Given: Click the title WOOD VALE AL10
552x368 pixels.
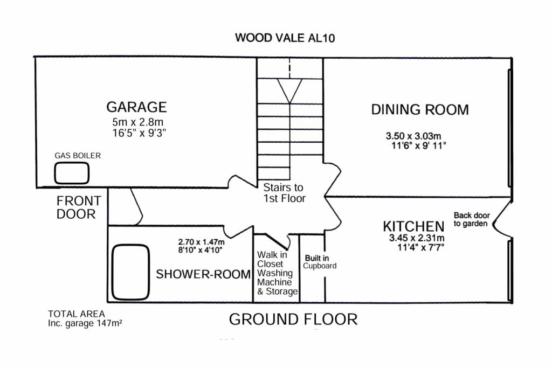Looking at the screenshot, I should [285, 38].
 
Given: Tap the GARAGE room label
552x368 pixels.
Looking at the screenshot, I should [136, 107].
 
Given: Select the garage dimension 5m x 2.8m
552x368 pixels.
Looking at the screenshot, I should [136, 122].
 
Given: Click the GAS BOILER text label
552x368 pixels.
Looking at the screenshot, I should [78, 156].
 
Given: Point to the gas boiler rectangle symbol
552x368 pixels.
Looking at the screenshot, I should [72, 173].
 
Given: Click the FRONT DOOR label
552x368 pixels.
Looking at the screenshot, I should [79, 207].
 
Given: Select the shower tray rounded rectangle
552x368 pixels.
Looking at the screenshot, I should [130, 272].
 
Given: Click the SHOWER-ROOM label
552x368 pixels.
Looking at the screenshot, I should [203, 274].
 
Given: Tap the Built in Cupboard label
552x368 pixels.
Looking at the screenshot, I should [320, 262].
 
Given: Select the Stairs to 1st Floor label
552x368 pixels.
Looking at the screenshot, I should [284, 193].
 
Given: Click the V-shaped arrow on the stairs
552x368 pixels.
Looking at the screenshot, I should [290, 91].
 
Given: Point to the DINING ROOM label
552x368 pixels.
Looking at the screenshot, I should [419, 110].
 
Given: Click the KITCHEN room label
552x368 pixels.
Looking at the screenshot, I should [413, 226].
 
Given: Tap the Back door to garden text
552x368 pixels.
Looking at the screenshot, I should [471, 219].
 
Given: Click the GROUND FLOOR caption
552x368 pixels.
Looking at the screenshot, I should [293, 319].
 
